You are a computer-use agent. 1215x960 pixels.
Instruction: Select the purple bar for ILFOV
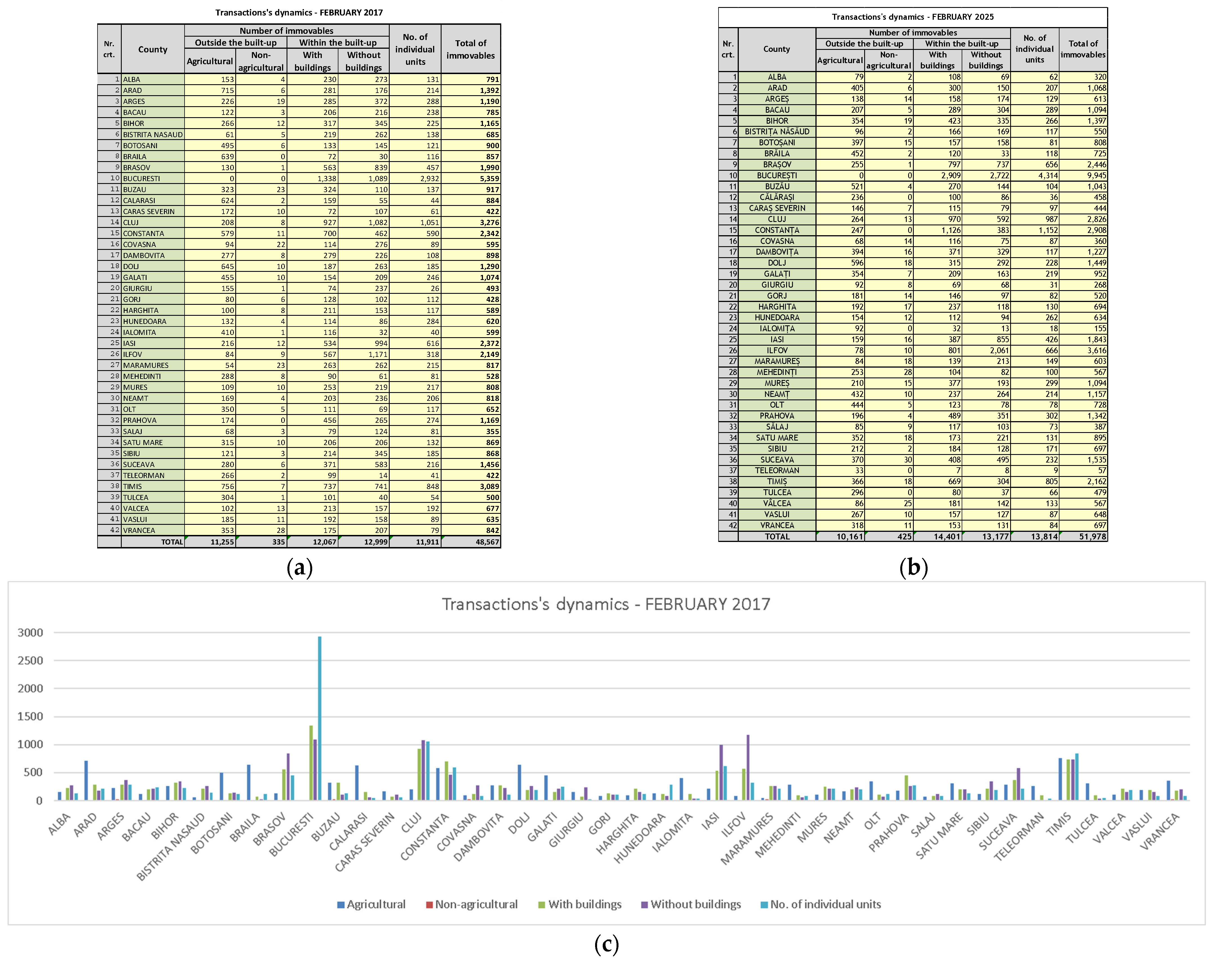(x=748, y=767)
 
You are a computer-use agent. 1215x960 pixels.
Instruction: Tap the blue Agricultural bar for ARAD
(x=86, y=780)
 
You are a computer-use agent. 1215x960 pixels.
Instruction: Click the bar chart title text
(x=606, y=604)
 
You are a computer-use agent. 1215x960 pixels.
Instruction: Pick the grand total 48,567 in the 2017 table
(x=487, y=542)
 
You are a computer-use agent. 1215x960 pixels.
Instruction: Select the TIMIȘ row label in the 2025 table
(x=777, y=482)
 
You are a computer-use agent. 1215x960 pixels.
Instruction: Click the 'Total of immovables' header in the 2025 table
(x=1083, y=49)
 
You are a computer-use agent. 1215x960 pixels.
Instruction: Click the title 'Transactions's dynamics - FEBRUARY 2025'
(x=912, y=17)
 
